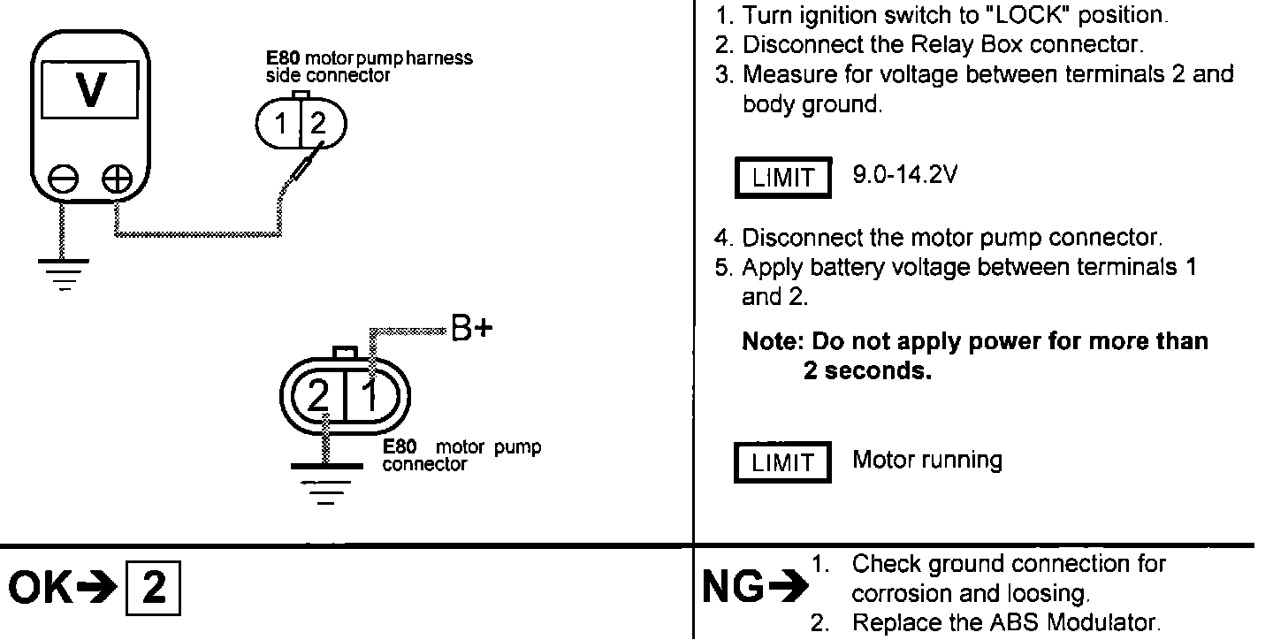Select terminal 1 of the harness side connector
pyautogui.click(x=281, y=125)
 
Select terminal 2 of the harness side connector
pyautogui.click(x=317, y=125)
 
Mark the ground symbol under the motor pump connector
pyautogui.click(x=326, y=482)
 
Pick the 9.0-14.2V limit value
pyautogui.click(x=904, y=174)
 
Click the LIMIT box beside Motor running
pyautogui.click(x=782, y=462)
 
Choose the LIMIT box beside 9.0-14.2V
pyautogui.click(x=782, y=178)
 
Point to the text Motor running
pyautogui.click(x=926, y=460)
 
